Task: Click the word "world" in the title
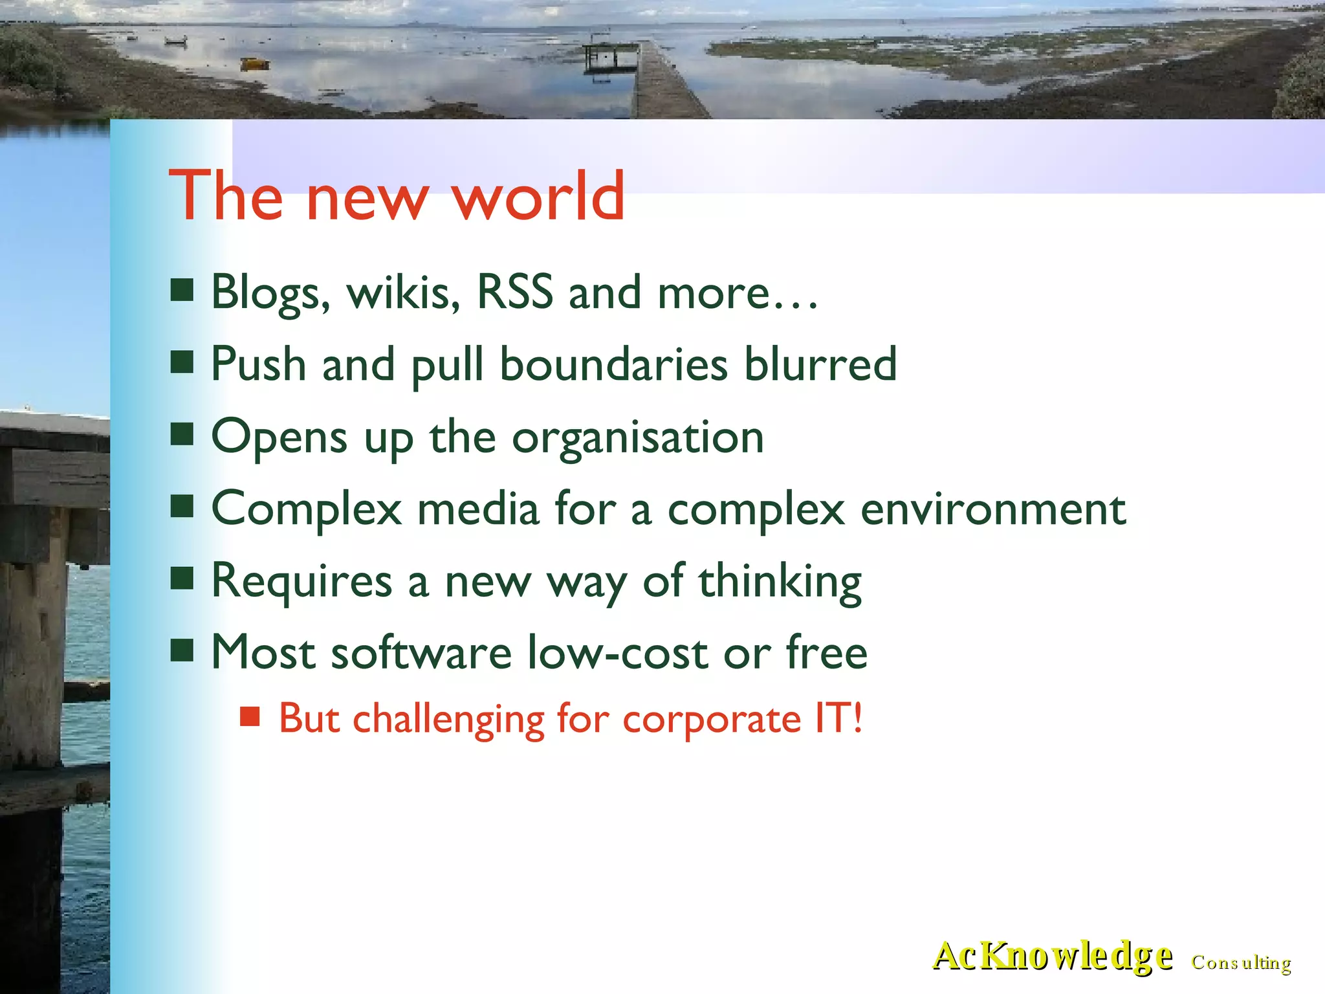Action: tap(538, 196)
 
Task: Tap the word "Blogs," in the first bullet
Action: tap(270, 293)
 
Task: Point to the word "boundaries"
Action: tap(613, 364)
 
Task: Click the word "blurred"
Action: tap(820, 364)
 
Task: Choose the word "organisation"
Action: tap(638, 437)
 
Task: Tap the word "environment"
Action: tap(993, 509)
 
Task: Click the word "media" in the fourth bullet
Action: tap(478, 509)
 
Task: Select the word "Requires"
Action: tap(301, 581)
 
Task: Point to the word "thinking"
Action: tap(780, 581)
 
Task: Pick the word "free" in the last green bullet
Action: tap(826, 652)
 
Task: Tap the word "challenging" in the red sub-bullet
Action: tap(448, 720)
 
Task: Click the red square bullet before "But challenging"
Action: tap(250, 717)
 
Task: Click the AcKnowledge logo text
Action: tap(1052, 956)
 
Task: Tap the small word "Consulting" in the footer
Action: tap(1241, 962)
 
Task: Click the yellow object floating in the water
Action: tap(254, 63)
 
